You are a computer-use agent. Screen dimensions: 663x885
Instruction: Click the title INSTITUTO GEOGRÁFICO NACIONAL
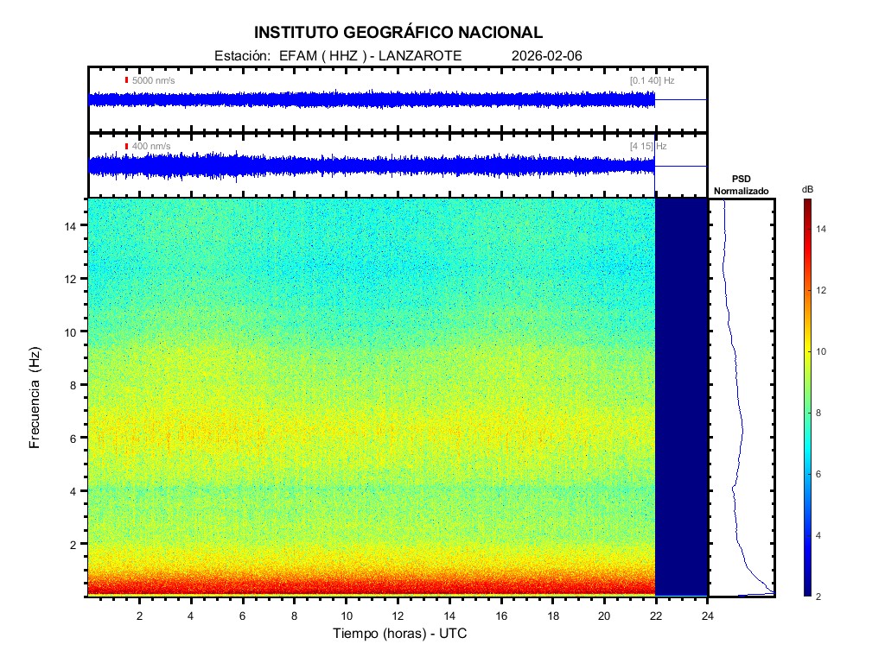[x=398, y=33]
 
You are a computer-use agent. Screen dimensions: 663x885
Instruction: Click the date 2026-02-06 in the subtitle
[x=547, y=56]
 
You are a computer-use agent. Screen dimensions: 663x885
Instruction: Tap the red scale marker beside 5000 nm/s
[x=126, y=80]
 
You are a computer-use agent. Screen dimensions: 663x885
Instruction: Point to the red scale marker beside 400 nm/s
[x=126, y=146]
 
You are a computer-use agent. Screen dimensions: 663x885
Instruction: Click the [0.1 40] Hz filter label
[x=652, y=80]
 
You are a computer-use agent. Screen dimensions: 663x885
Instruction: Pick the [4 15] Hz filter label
[x=648, y=146]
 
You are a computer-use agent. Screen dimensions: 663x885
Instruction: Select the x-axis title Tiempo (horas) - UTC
[x=400, y=634]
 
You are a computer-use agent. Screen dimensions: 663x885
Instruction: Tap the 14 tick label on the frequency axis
[x=74, y=225]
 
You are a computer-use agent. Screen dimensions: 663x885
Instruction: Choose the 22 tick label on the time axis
[x=656, y=615]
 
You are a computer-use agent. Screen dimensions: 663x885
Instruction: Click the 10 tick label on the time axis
[x=346, y=615]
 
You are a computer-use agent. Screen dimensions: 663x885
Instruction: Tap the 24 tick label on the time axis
[x=708, y=615]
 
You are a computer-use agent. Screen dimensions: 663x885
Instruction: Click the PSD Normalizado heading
[x=741, y=185]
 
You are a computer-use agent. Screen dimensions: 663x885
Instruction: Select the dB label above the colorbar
[x=807, y=188]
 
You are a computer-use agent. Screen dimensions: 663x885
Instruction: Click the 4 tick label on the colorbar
[x=821, y=536]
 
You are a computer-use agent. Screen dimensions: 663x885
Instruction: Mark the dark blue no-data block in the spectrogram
[x=681, y=397]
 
